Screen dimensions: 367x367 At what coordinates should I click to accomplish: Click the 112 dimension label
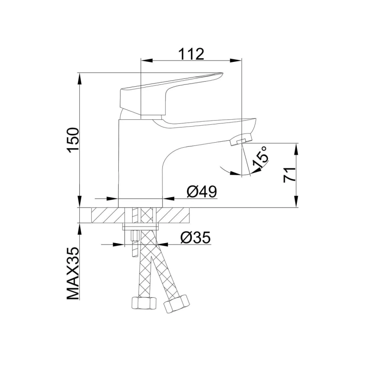tap(191, 53)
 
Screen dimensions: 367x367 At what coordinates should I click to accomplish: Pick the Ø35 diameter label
tap(195, 237)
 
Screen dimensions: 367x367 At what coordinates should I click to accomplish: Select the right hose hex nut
tap(176, 304)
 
